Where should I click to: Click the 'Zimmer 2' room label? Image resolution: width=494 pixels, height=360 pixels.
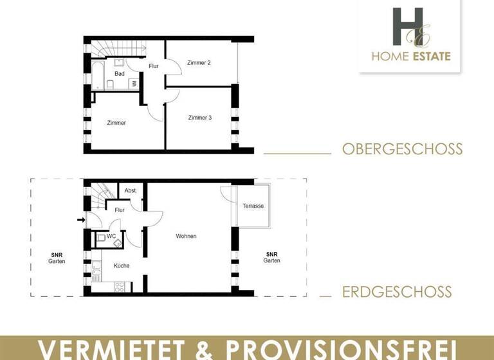[x=199, y=63]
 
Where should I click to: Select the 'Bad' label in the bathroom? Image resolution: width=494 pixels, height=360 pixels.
[x=120, y=74]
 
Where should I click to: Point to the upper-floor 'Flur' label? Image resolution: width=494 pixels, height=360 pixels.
[x=154, y=66]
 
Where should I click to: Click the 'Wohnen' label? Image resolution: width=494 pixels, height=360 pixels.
[x=186, y=237]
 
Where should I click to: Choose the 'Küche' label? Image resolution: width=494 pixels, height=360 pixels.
[x=122, y=265]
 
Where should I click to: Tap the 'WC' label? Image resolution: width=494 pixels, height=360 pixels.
[x=111, y=236]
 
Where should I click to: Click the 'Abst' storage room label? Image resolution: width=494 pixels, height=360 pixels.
[x=130, y=191]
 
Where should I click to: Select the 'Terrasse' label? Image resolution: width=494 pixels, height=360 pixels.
[x=253, y=206]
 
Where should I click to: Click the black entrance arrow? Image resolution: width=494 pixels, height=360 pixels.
[x=80, y=220]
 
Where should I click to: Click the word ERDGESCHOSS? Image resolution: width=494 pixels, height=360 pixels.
[x=397, y=292]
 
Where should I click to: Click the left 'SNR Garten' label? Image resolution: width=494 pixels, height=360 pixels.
[x=57, y=258]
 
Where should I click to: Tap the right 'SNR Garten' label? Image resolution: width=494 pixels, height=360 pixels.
[x=271, y=257]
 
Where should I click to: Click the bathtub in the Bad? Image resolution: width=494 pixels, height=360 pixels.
[x=96, y=75]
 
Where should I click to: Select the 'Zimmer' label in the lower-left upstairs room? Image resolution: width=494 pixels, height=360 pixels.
[x=116, y=123]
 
